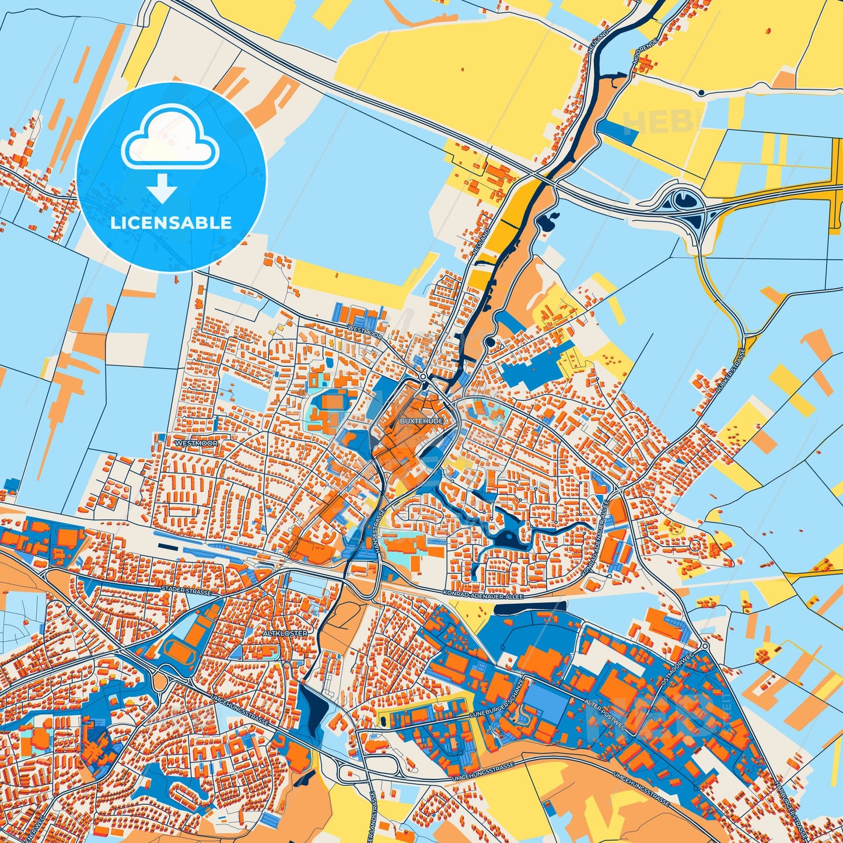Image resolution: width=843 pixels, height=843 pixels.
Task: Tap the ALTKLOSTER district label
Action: pyautogui.click(x=285, y=632)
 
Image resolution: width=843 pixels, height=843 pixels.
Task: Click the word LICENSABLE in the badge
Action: pyautogui.click(x=172, y=222)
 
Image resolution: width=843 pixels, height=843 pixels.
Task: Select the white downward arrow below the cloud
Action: pyautogui.click(x=163, y=188)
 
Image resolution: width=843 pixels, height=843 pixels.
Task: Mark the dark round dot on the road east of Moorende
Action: pyautogui.click(x=701, y=93)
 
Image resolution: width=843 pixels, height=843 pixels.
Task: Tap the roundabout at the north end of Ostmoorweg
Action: pyautogui.click(x=705, y=646)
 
